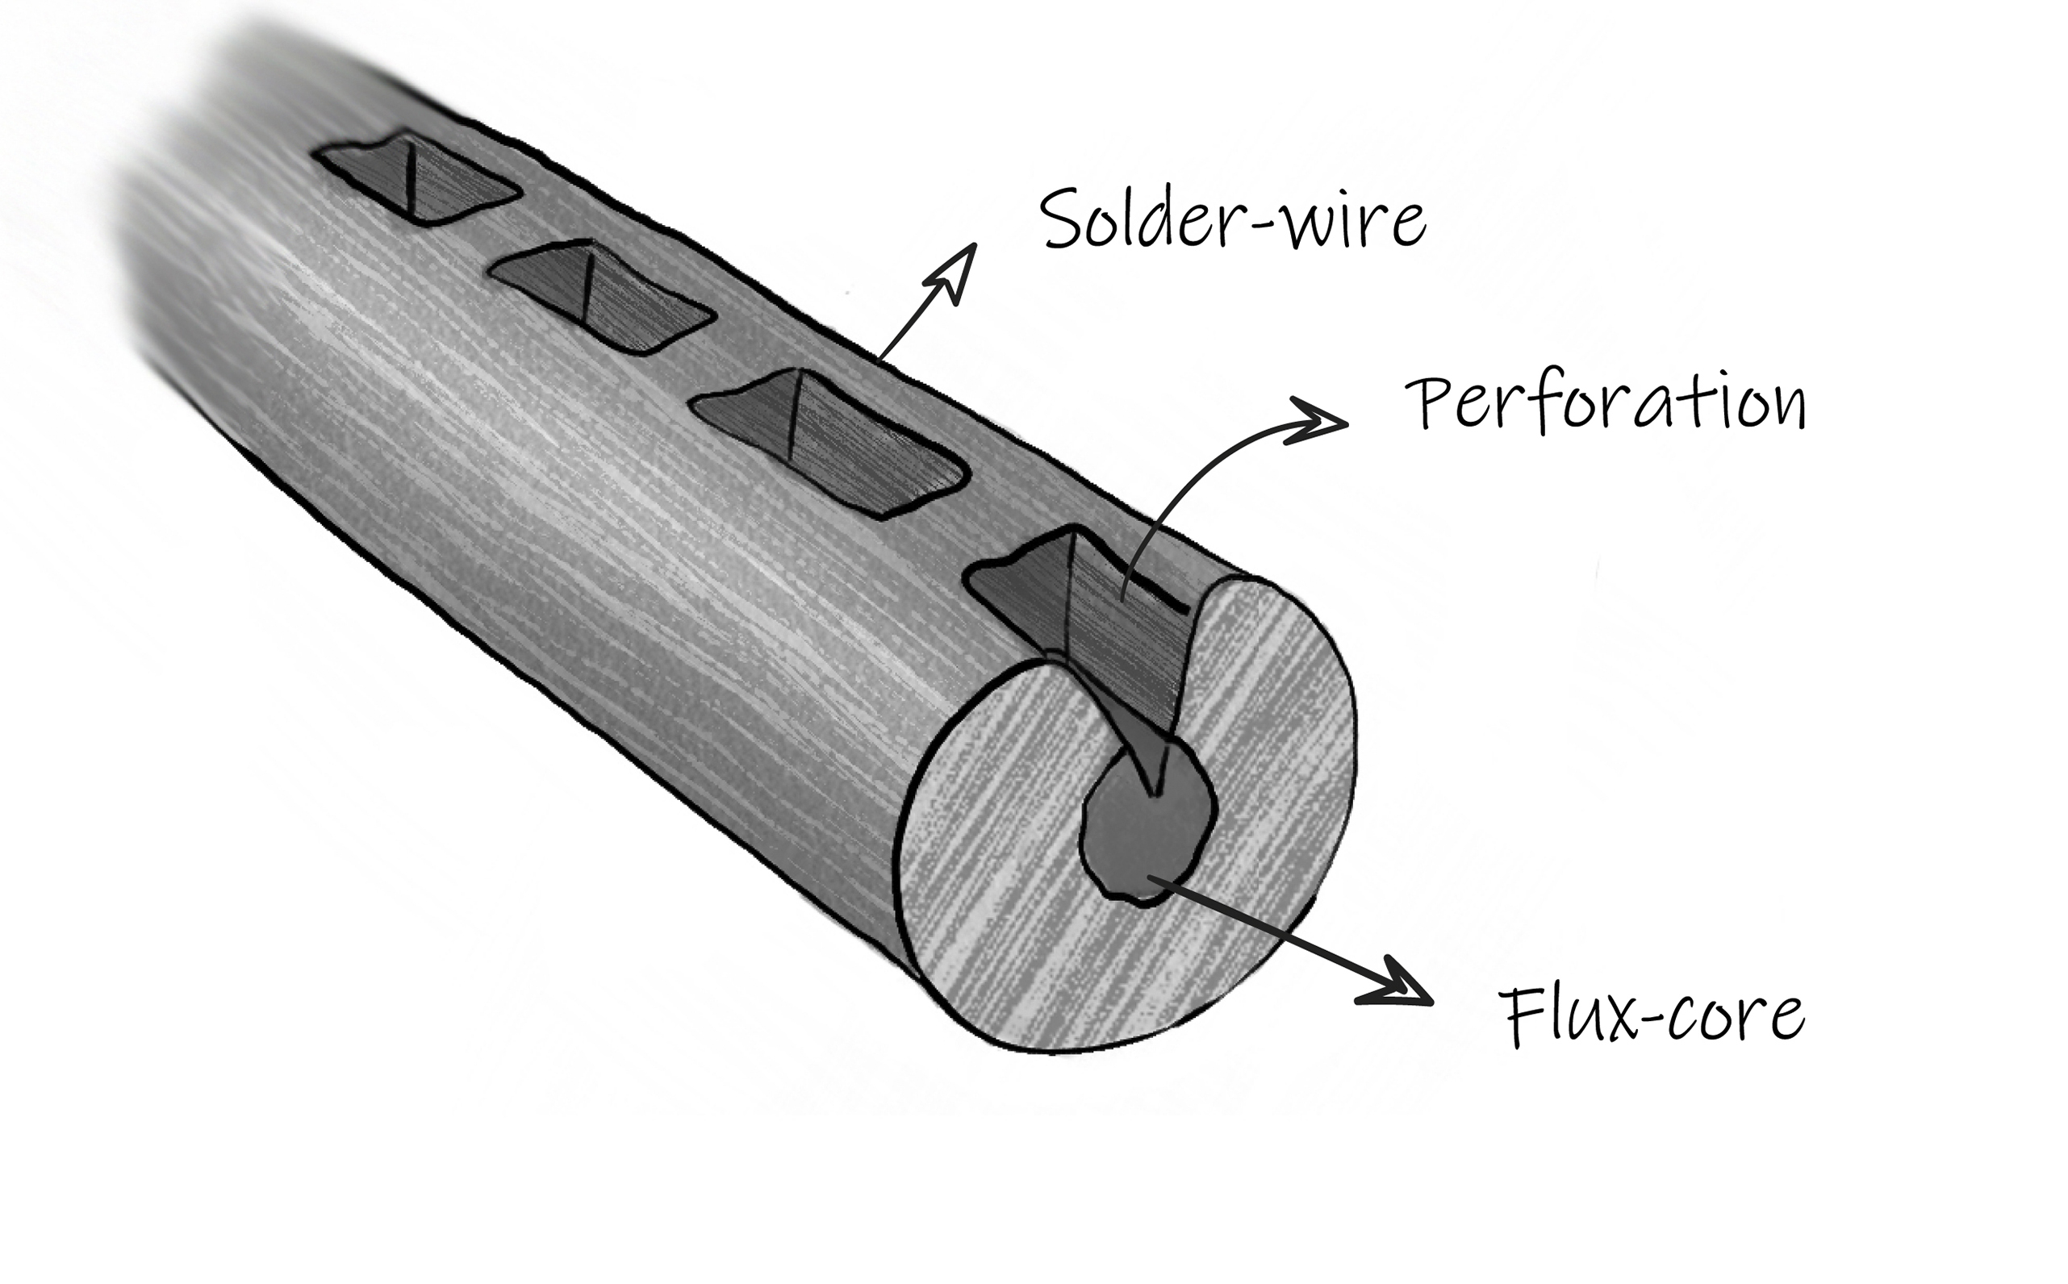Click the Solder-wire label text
pos(1231,219)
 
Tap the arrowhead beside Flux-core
pos(1402,985)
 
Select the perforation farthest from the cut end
pos(416,180)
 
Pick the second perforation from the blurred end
pos(603,298)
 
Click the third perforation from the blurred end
pos(833,442)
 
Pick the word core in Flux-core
pos(1736,1019)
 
